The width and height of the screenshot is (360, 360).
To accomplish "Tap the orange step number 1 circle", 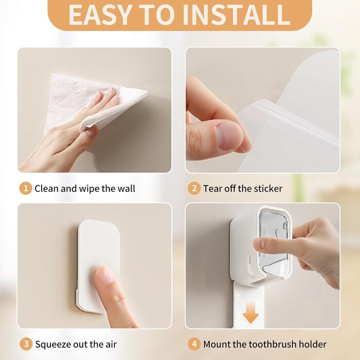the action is tap(26, 188).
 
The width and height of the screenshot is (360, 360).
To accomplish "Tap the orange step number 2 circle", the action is tap(194, 188).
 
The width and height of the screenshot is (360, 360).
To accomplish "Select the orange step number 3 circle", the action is tap(26, 344).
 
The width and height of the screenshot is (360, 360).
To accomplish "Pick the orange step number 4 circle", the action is tap(194, 344).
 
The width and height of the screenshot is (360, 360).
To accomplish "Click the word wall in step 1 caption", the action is tap(126, 189).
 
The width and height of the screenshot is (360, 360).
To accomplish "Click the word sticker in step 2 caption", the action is tap(268, 189).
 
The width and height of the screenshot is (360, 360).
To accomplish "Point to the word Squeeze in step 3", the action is tap(53, 345).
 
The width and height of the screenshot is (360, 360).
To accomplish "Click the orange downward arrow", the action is tap(251, 313).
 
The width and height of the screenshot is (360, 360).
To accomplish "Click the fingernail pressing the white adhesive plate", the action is tap(105, 275).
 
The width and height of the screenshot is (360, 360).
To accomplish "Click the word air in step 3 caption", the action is tap(112, 345).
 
